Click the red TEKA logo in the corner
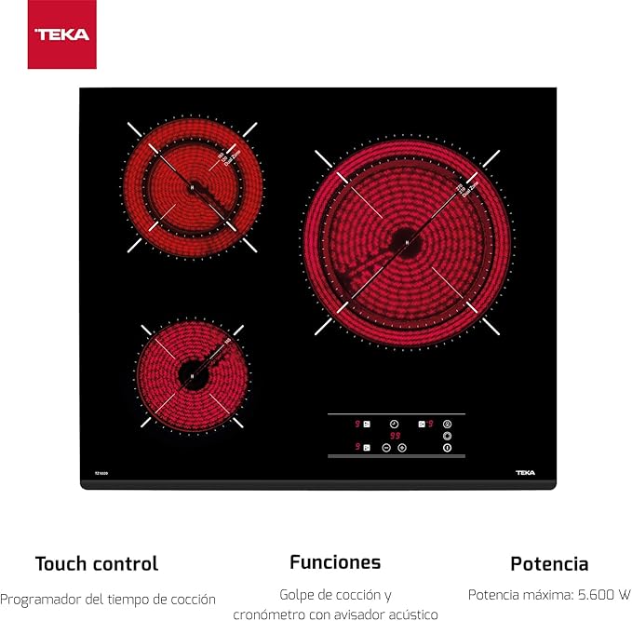[62, 34]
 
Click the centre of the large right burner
[407, 239]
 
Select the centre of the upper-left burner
[193, 186]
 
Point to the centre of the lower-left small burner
[192, 374]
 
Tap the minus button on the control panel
[385, 447]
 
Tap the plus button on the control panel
[402, 447]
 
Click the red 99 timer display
[395, 435]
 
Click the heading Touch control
[97, 563]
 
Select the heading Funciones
[334, 561]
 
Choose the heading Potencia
[549, 563]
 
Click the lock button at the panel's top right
[447, 423]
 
